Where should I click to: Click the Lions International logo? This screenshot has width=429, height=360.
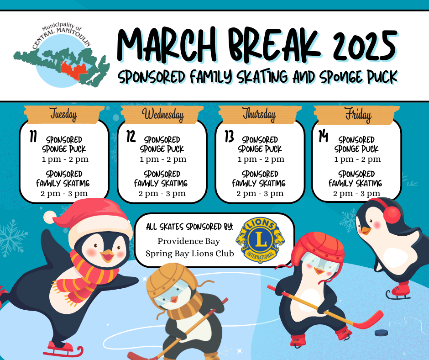pyautogui.click(x=260, y=240)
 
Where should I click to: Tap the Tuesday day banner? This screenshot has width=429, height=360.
pyautogui.click(x=63, y=114)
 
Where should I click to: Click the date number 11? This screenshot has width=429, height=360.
pyautogui.click(x=33, y=136)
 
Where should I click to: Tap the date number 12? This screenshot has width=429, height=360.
pyautogui.click(x=131, y=136)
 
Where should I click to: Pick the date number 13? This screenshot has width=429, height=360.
pyautogui.click(x=229, y=136)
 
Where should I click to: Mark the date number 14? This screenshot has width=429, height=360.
pyautogui.click(x=323, y=136)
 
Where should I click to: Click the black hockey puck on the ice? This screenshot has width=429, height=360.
pyautogui.click(x=381, y=333)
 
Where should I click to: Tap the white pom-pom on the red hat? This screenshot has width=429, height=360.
pyautogui.click(x=50, y=217)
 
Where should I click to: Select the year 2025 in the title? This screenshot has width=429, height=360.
pyautogui.click(x=365, y=46)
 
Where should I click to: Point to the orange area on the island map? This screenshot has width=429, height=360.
pyautogui.click(x=74, y=70)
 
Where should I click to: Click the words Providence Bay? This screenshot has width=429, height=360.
pyautogui.click(x=189, y=241)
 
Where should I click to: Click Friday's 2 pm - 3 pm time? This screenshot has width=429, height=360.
pyautogui.click(x=356, y=193)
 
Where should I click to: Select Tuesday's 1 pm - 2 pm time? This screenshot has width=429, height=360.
pyautogui.click(x=65, y=159)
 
